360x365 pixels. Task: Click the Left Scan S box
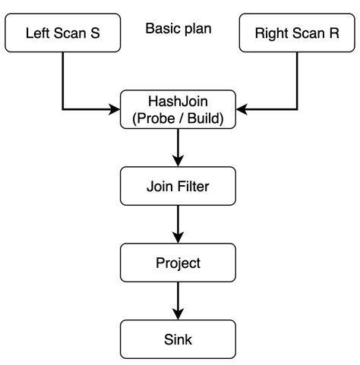(62, 33)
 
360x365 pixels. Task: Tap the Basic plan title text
(178, 30)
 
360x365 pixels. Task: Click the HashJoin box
(178, 109)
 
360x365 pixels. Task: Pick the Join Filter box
(178, 185)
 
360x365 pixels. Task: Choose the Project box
(178, 263)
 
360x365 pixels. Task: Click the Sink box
(178, 339)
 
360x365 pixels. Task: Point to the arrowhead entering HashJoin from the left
(115, 109)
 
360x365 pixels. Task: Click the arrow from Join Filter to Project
(178, 224)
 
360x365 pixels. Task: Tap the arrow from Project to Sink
(178, 301)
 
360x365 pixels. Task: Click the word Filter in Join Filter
(195, 185)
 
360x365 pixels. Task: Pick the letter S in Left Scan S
(95, 33)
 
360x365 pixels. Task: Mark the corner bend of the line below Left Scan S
(62, 109)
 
